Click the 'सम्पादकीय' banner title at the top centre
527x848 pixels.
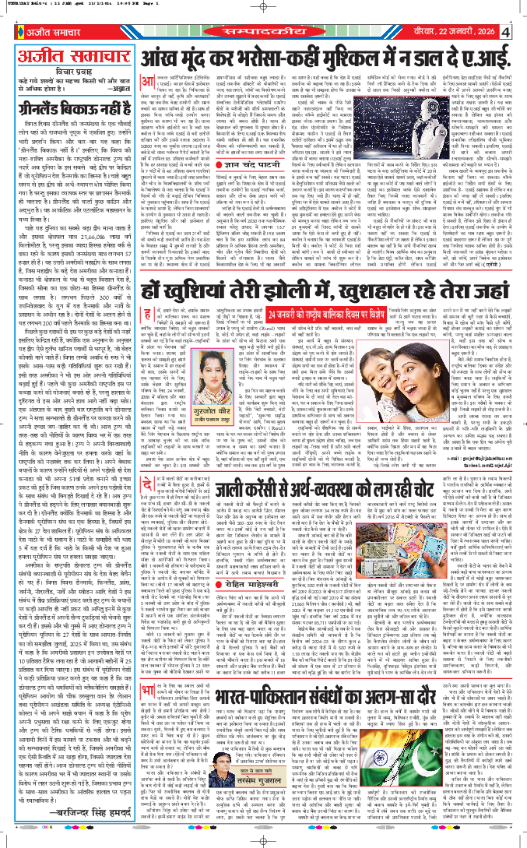pos(264,29)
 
